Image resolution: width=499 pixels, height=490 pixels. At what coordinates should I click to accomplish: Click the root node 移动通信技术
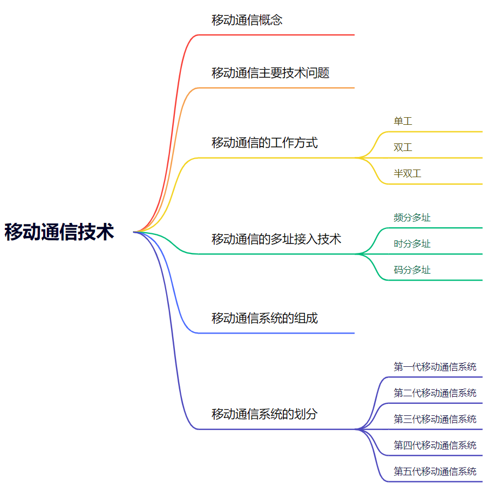pyautogui.click(x=59, y=232)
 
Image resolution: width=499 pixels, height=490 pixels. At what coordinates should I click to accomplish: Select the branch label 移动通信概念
pyautogui.click(x=247, y=20)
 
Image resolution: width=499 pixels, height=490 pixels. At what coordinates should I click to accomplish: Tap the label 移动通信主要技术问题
pyautogui.click(x=270, y=72)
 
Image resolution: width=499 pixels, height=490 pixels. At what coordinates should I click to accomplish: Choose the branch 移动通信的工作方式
pyautogui.click(x=264, y=143)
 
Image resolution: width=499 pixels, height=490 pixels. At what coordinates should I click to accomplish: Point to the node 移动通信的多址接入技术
pyautogui.click(x=276, y=239)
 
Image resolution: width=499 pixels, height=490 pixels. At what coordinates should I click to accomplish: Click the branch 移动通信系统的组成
pyautogui.click(x=264, y=318)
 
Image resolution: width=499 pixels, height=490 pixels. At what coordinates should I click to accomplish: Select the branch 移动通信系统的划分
pyautogui.click(x=264, y=414)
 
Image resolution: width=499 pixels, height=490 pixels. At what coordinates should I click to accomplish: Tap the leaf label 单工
pyautogui.click(x=403, y=121)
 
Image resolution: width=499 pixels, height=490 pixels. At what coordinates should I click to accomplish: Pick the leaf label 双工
pyautogui.click(x=403, y=147)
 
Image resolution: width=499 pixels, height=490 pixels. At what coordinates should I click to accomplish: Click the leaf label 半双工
pyautogui.click(x=407, y=173)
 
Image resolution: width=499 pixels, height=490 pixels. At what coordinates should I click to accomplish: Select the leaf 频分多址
pyautogui.click(x=412, y=217)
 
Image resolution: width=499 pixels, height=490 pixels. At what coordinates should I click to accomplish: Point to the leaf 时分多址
pyautogui.click(x=412, y=244)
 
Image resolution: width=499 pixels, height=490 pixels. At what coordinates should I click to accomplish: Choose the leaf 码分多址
pyautogui.click(x=412, y=270)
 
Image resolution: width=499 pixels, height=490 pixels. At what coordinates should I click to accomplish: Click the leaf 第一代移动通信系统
pyautogui.click(x=435, y=366)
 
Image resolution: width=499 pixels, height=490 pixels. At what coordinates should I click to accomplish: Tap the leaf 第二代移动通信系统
pyautogui.click(x=435, y=392)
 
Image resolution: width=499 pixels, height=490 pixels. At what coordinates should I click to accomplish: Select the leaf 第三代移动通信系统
pyautogui.click(x=435, y=419)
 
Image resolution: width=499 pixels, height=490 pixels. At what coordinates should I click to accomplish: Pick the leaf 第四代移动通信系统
pyautogui.click(x=435, y=445)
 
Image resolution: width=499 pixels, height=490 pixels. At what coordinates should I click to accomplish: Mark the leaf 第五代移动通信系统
pyautogui.click(x=435, y=471)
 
